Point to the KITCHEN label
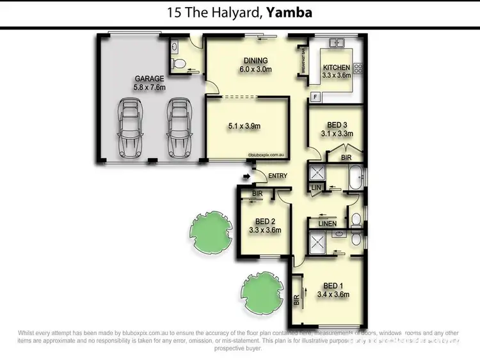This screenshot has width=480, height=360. tap(336, 68)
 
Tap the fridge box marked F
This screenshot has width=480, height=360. tap(315, 97)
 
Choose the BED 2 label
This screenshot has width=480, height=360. tap(265, 221)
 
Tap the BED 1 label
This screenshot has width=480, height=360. tap(333, 286)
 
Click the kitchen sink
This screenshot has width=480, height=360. tap(337, 44)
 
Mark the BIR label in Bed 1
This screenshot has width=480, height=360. tap(296, 300)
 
